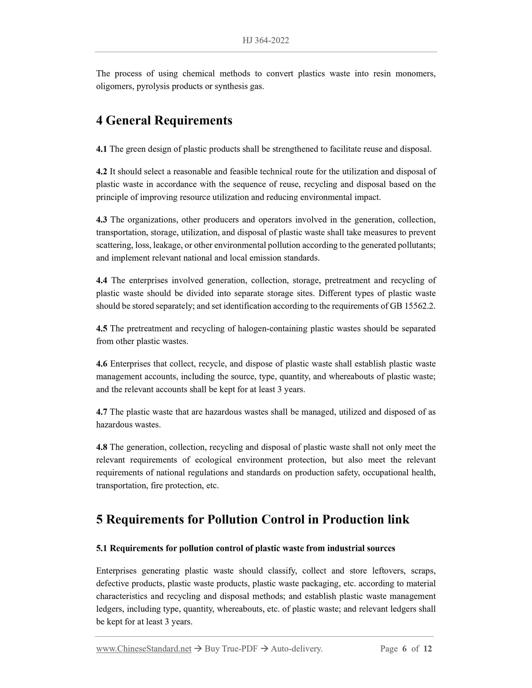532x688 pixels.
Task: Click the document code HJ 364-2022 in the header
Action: pyautogui.click(x=265, y=40)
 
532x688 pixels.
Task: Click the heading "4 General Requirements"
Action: pyautogui.click(x=164, y=120)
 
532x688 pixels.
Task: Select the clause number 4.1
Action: pyautogui.click(x=101, y=149)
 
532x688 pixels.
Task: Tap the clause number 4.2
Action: pyautogui.click(x=101, y=171)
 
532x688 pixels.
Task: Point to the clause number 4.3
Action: pyautogui.click(x=101, y=220)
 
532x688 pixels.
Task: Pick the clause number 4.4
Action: pyautogui.click(x=101, y=280)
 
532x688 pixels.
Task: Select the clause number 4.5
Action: pyautogui.click(x=101, y=328)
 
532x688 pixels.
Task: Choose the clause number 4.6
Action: pyautogui.click(x=101, y=364)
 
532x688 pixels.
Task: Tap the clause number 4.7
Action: pyautogui.click(x=101, y=412)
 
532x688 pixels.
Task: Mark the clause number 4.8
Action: pyautogui.click(x=101, y=447)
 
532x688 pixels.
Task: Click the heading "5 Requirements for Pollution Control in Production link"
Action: pyautogui.click(x=253, y=519)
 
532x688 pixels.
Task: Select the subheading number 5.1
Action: pyautogui.click(x=101, y=548)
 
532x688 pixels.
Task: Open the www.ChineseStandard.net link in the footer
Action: pyautogui.click(x=144, y=649)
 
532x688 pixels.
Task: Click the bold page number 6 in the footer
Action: pyautogui.click(x=404, y=649)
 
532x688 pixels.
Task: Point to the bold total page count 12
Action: pyautogui.click(x=427, y=649)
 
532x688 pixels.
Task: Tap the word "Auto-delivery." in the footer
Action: pyautogui.click(x=296, y=649)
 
